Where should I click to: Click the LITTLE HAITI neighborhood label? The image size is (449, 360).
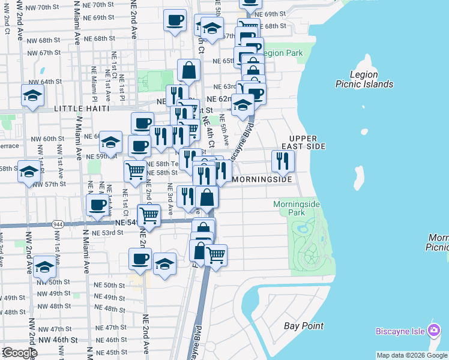82,109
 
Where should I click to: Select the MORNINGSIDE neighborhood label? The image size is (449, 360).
262,179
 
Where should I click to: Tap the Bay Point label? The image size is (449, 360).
304,326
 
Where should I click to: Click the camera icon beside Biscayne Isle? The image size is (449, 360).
433,331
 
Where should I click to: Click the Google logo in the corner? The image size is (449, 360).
19,353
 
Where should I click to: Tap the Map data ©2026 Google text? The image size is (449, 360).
412,355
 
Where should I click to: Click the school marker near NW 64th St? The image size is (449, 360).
32,95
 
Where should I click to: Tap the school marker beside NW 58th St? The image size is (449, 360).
28,171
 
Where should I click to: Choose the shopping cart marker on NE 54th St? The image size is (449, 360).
149,214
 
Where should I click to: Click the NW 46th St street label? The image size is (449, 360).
57,340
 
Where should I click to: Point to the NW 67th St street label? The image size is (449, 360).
42,53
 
